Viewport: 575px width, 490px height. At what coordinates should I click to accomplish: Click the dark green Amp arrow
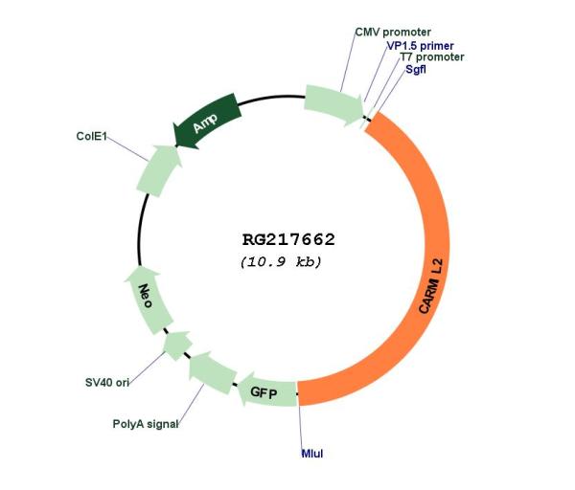tap(206, 121)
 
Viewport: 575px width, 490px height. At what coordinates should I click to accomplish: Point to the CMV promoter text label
tap(393, 33)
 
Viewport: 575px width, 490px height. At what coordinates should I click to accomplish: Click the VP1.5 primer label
tap(421, 46)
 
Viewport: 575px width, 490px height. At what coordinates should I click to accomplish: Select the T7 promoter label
tap(432, 57)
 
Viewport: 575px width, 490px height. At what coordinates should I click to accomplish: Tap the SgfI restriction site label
tap(416, 69)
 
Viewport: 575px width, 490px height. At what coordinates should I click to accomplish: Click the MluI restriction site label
tap(312, 454)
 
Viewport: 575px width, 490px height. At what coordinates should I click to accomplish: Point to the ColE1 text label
tap(91, 136)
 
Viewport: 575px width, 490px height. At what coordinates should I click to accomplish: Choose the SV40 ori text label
tap(107, 383)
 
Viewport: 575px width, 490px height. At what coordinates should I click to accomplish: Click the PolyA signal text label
tap(146, 424)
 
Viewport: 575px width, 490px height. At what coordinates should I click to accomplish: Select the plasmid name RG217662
tap(288, 240)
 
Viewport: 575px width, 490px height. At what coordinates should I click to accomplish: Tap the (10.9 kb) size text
tap(281, 262)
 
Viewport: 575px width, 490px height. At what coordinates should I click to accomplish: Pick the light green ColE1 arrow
tap(158, 171)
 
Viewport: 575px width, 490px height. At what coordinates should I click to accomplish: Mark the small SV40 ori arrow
tap(177, 345)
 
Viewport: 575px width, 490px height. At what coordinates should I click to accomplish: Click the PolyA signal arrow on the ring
tap(212, 372)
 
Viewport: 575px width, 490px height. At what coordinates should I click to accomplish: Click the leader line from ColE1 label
tap(127, 148)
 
